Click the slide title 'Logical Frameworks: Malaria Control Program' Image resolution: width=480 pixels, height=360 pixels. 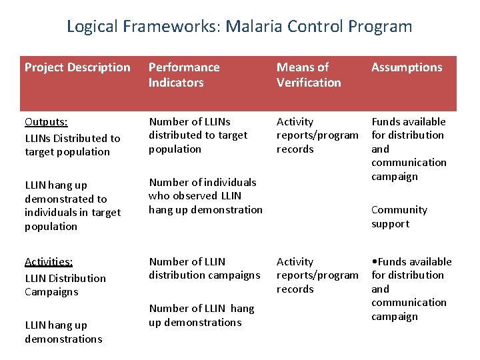(x=239, y=27)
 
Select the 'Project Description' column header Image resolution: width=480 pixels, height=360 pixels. (x=77, y=67)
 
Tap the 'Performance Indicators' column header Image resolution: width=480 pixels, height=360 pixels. (x=183, y=75)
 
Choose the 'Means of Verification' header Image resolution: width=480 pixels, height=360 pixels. (x=309, y=75)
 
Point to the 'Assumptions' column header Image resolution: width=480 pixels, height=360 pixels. (x=407, y=67)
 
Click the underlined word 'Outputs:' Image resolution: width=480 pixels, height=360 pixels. (x=46, y=122)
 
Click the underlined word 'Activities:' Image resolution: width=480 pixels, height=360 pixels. (x=49, y=262)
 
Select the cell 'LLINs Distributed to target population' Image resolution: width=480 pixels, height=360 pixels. (x=72, y=145)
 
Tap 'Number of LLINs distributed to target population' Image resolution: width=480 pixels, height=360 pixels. (x=197, y=135)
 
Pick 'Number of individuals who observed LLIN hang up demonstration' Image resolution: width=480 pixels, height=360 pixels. (x=205, y=196)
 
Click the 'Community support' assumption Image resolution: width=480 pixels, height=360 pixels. (x=399, y=217)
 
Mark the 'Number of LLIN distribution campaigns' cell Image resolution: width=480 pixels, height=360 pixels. (x=204, y=268)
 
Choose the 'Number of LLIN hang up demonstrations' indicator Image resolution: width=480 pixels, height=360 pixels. (x=201, y=315)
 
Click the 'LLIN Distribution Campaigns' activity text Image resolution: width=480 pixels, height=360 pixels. (x=65, y=285)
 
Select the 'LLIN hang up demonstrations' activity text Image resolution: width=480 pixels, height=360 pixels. (x=63, y=332)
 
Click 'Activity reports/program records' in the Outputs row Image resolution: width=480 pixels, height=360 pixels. (x=317, y=135)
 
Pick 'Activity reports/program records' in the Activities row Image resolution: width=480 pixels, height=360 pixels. (x=317, y=275)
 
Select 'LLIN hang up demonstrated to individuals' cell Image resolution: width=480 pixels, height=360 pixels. (x=72, y=205)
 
